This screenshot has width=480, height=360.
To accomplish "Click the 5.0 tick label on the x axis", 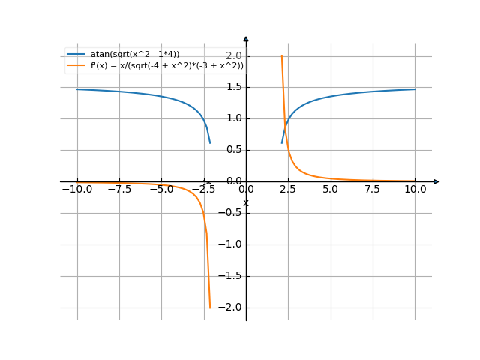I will [331, 190].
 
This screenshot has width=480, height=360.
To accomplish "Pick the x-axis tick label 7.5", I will [373, 190].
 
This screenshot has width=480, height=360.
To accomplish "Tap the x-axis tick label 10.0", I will [415, 190].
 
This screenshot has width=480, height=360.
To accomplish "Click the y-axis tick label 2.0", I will [234, 56].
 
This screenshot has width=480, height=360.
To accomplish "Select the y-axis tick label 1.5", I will [234, 87].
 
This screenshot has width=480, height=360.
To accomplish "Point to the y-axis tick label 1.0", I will [234, 118].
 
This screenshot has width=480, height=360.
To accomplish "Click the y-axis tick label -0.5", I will [232, 212].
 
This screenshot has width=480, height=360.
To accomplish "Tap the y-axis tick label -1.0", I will [232, 244].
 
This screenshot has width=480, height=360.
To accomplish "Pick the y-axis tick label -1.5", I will [232, 275].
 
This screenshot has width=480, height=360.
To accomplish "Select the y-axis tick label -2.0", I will [232, 307].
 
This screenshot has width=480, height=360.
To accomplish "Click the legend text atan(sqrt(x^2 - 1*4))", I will [135, 54].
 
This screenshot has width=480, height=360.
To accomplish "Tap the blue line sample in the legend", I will [76, 54].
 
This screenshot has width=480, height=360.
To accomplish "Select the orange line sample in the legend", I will [76, 66].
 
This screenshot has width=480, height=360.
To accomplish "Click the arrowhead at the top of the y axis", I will [246, 37].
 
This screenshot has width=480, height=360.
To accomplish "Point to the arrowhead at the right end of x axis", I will [436, 181].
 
